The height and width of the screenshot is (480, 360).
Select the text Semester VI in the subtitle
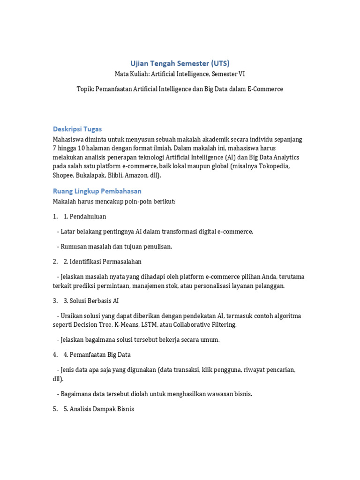coord(228,74)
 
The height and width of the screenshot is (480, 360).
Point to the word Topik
coord(85,89)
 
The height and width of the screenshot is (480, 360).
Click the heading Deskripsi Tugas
coord(77,129)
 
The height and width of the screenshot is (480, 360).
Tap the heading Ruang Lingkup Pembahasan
coord(97,191)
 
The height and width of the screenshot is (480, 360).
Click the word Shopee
coord(63,175)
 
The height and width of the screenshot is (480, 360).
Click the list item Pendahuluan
coord(88,217)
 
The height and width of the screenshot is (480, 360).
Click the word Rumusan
coord(73,247)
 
